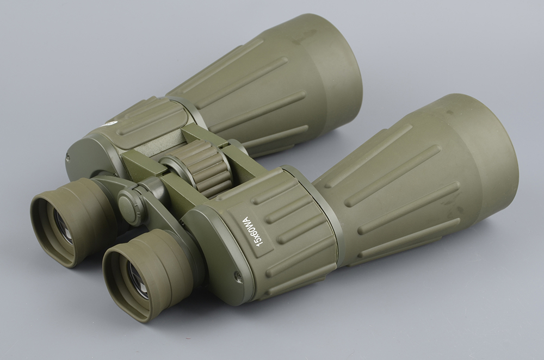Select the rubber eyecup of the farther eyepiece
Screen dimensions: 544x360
coord(75,222)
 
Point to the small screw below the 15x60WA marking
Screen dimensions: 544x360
coord(239,275)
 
